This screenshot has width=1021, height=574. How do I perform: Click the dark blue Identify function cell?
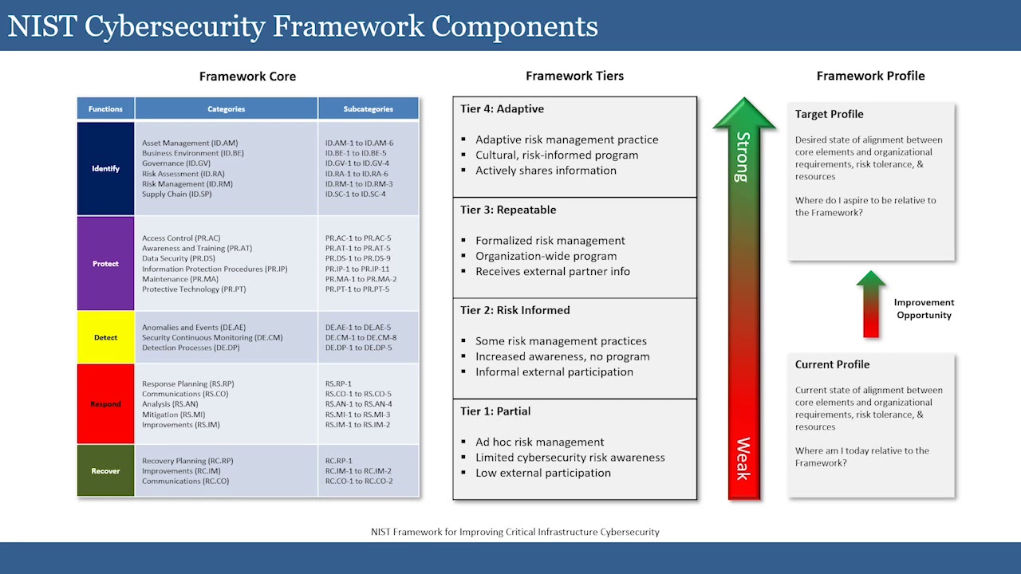pyautogui.click(x=105, y=168)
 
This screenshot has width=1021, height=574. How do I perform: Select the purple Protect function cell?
pyautogui.click(x=105, y=263)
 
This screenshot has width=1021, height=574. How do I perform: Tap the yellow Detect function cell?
pyautogui.click(x=105, y=337)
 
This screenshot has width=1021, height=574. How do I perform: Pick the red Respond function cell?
pyautogui.click(x=105, y=403)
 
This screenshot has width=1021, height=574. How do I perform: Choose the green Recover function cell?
pyautogui.click(x=105, y=470)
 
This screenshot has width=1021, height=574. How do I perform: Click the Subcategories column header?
pyautogui.click(x=368, y=108)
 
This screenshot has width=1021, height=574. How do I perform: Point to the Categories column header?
pyautogui.click(x=226, y=108)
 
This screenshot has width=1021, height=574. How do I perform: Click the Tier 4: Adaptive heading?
pyautogui.click(x=502, y=109)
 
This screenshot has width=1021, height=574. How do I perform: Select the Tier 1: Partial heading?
pyautogui.click(x=495, y=411)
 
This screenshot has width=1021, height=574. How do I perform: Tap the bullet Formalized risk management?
pyautogui.click(x=550, y=241)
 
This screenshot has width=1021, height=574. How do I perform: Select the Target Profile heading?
pyautogui.click(x=829, y=114)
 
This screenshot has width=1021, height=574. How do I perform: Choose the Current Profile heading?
pyautogui.click(x=832, y=364)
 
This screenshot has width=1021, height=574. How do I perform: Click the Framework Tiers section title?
pyautogui.click(x=574, y=76)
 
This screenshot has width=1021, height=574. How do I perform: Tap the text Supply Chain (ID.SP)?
pyautogui.click(x=177, y=194)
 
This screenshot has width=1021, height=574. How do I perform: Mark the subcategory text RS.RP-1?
pyautogui.click(x=338, y=383)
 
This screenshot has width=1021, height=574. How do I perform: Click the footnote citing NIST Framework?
pyautogui.click(x=514, y=532)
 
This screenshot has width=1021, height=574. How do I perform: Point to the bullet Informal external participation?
pyautogui.click(x=554, y=372)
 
